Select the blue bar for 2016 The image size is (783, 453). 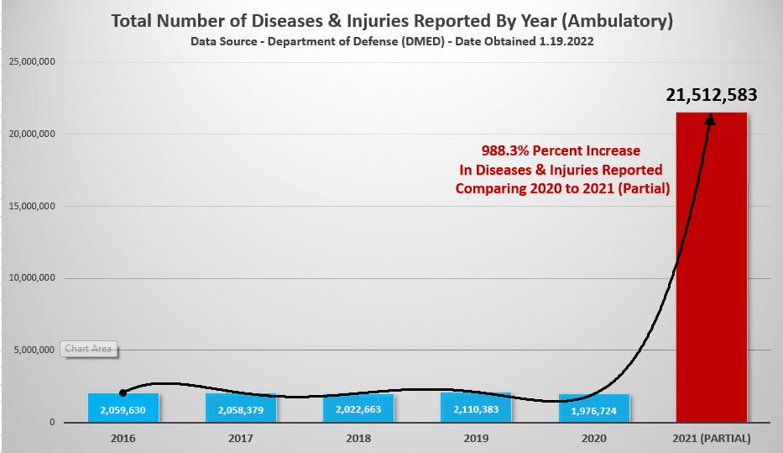tap(123, 408)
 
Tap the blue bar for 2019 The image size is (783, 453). tap(475, 408)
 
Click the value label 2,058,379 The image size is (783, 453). tap(240, 411)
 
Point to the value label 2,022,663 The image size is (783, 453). tap(358, 411)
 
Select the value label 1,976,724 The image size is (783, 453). tap(593, 411)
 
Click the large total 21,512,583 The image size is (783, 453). tap(712, 95)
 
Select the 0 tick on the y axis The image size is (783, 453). tap(52, 423)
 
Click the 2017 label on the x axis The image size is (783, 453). tap(240, 439)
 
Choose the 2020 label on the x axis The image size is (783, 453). tap(593, 439)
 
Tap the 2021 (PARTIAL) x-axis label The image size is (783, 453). tap(712, 439)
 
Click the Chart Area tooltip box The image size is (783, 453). tap(88, 349)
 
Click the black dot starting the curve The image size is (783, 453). tap(123, 392)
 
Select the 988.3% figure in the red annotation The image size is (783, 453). tap(505, 151)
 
